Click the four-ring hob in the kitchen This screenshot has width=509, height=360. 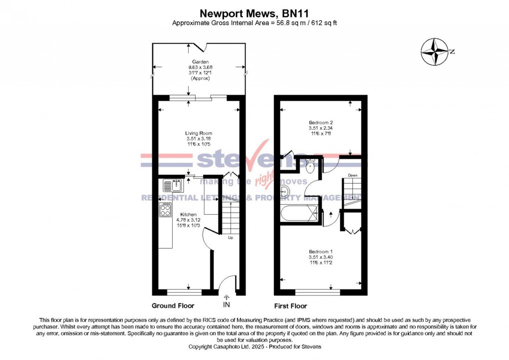[166, 210]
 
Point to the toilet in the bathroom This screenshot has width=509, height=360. [310, 166]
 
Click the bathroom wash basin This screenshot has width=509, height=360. [285, 191]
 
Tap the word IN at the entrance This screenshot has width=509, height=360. [227, 304]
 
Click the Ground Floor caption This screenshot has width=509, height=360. [173, 306]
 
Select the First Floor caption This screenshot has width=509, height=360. [290, 306]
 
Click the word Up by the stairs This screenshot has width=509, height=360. [230, 238]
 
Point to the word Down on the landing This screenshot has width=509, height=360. [353, 175]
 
